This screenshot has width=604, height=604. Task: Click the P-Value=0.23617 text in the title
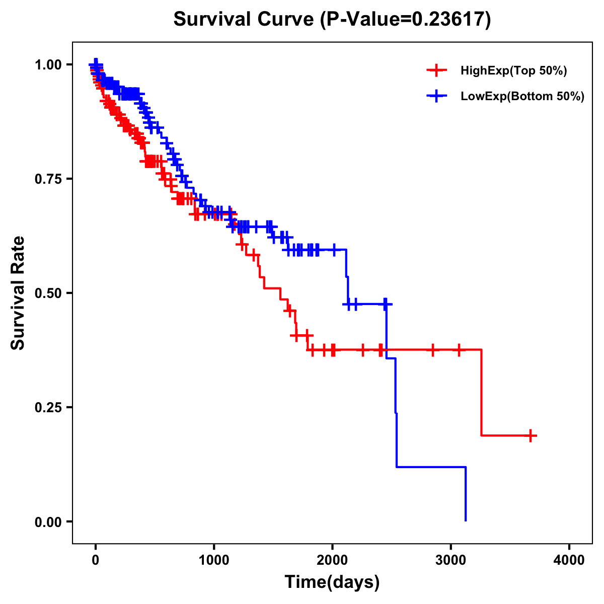[x=407, y=20]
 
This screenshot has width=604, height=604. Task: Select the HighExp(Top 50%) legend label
[x=513, y=71]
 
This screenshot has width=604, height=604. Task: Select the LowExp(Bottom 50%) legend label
[x=522, y=96]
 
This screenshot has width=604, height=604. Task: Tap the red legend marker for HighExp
[x=436, y=70]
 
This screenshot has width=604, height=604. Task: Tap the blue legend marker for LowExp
[x=436, y=96]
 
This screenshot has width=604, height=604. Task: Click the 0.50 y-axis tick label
[x=48, y=293]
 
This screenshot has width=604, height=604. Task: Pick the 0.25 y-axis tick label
[x=48, y=407]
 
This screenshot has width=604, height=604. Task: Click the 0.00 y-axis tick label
[x=48, y=521]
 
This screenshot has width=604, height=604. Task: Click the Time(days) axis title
[x=332, y=582]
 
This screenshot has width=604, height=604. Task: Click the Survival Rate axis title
[x=18, y=293]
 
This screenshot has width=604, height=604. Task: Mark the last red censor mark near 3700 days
[x=531, y=435]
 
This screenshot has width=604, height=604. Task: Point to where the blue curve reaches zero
[x=466, y=520]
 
